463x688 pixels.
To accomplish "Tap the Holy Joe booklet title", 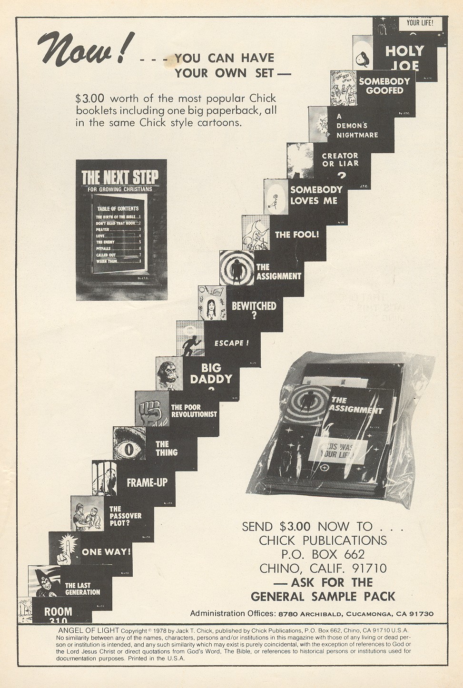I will pos(404,57).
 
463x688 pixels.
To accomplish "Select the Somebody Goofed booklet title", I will pos(384,86).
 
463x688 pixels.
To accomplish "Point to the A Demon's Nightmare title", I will pos(357,126).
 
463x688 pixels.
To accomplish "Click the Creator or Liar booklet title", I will pos(340,160).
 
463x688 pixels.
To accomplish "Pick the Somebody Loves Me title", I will pos(316,195).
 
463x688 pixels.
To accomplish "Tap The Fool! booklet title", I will pos(297,234).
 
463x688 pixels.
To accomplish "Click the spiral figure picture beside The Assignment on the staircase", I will pos(236,268).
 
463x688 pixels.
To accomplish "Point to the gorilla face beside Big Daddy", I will pos(169,373).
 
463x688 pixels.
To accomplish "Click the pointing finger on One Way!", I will pos(64,551).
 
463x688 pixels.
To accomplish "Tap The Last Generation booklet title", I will pos(82,589).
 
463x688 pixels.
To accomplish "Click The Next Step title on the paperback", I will pos(120,177).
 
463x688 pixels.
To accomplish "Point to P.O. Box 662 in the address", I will pos(323,554).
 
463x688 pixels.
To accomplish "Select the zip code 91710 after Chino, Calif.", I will pos(367,568).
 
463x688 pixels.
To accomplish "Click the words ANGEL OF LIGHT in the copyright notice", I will pos(88,630).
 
